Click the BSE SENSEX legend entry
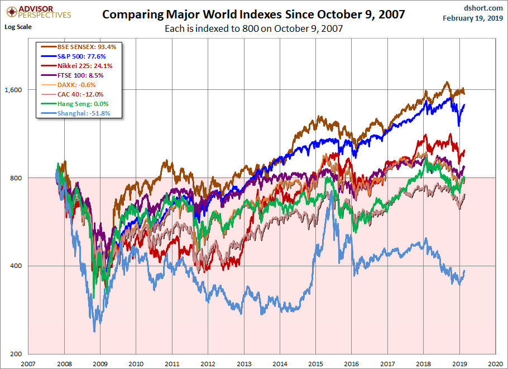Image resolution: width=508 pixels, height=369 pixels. pos(82,47)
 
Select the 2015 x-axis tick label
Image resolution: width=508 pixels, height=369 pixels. pos(316,362)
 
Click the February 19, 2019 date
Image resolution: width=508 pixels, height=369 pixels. pos(473,18)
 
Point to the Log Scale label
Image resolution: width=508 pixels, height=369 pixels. pos(18,26)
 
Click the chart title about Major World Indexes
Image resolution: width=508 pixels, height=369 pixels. pos(254,14)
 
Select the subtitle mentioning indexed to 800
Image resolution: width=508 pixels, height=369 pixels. pos(253,28)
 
